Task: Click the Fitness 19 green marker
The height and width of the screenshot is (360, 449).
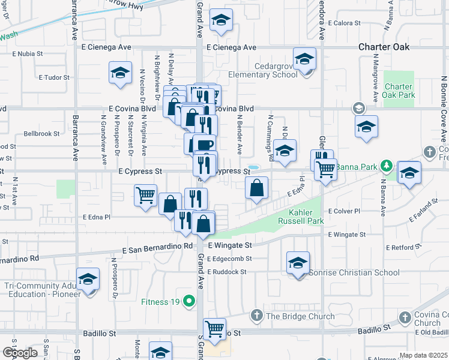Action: click(x=190, y=301)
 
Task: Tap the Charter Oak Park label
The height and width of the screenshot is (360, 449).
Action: click(x=399, y=91)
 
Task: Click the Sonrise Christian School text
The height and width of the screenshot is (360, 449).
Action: click(x=354, y=273)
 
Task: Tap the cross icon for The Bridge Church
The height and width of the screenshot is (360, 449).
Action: click(x=256, y=316)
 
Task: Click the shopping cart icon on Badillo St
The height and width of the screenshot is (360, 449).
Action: click(x=214, y=328)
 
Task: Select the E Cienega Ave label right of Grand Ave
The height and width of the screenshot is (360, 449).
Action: click(x=231, y=47)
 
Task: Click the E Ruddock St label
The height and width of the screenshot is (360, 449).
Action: click(x=226, y=272)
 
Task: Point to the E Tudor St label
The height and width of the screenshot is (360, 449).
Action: click(x=55, y=77)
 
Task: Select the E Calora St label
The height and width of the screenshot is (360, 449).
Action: click(x=345, y=23)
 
